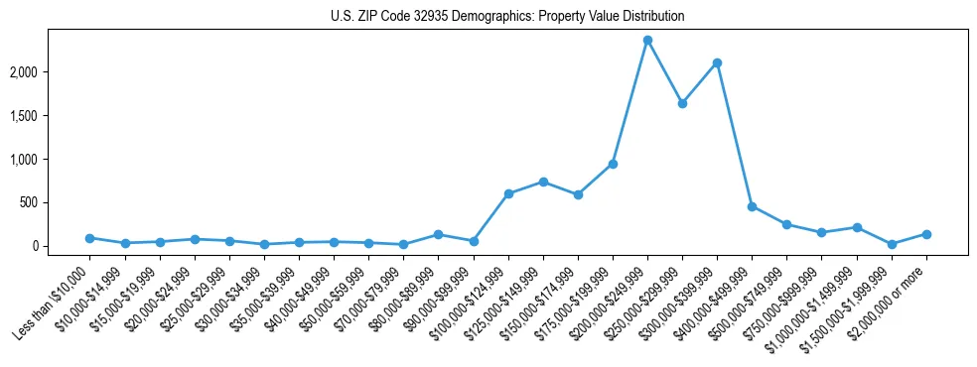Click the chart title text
tap(507, 17)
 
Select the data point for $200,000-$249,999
tap(647, 41)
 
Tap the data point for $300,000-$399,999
tap(717, 62)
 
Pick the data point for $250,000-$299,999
tap(682, 103)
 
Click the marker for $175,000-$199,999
tap(613, 164)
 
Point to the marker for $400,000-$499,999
tap(752, 206)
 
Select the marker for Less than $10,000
tap(90, 238)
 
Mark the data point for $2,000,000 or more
tap(926, 234)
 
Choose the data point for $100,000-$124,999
tap(508, 193)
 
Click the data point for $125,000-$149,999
tap(543, 182)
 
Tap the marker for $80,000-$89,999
tap(438, 234)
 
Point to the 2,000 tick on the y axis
tap(50, 72)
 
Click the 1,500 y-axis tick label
tap(50, 116)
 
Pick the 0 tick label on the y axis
tap(62, 246)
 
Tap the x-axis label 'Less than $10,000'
tap(55, 299)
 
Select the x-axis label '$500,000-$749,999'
tap(753, 299)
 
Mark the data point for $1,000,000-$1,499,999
tap(857, 227)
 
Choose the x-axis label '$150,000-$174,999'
tap(544, 299)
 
